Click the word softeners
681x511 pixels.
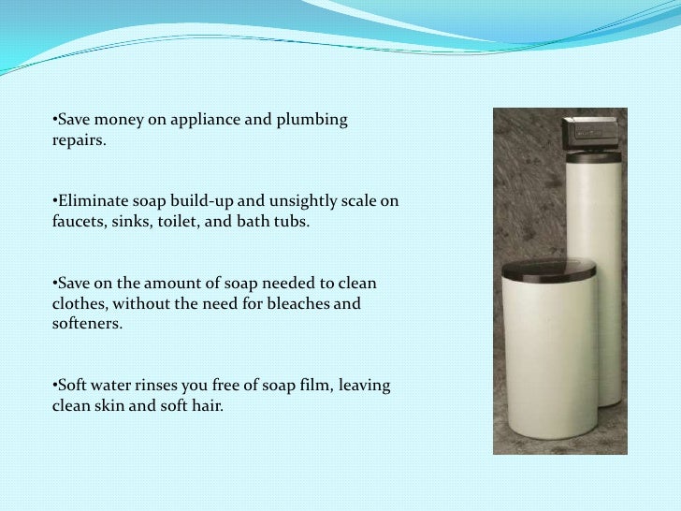pos(80,325)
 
